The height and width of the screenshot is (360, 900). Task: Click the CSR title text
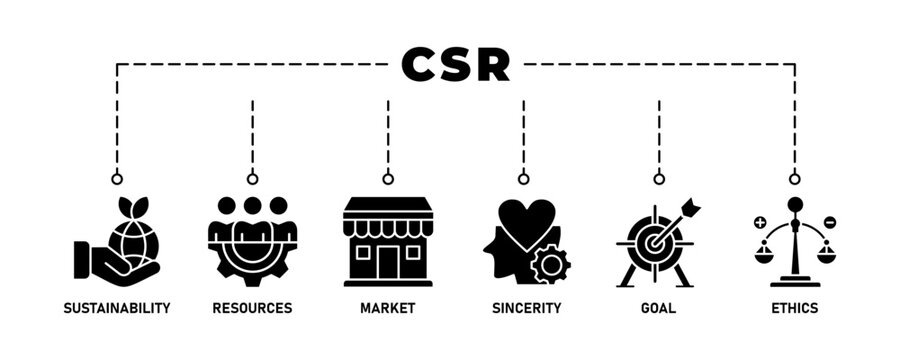[455, 65]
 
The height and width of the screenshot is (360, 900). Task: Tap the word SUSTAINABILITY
[116, 308]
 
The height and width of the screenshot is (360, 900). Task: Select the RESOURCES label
[252, 308]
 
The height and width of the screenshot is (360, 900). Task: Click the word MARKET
[388, 308]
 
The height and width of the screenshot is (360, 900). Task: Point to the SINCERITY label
[523, 308]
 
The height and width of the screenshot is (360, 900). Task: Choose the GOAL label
[658, 308]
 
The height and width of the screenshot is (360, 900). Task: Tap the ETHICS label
[794, 308]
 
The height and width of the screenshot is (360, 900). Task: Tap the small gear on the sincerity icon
[549, 264]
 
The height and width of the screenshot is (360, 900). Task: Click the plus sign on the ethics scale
[760, 222]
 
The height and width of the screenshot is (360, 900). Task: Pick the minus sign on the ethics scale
[829, 222]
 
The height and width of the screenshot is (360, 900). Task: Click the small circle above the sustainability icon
[116, 179]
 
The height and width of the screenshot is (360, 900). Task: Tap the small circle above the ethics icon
[794, 179]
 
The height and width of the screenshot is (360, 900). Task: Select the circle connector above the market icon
[388, 179]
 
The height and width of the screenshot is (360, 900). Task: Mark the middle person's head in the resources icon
[252, 206]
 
